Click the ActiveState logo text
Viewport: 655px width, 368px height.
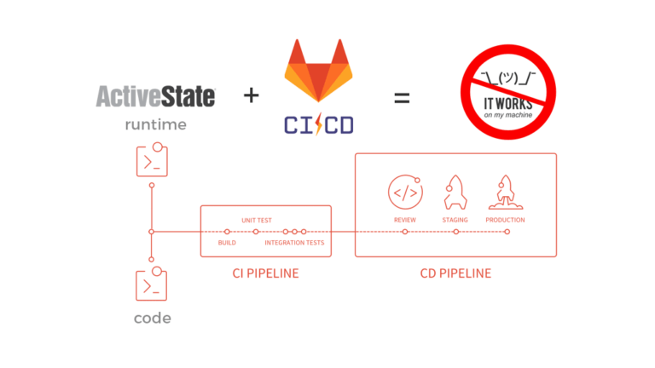tap(155, 95)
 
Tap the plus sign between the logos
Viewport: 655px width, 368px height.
tap(251, 95)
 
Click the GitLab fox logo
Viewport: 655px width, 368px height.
tap(318, 72)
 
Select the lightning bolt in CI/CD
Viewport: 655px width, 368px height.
tap(318, 125)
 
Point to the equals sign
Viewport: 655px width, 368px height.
tap(401, 97)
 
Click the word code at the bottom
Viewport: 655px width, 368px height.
tap(152, 319)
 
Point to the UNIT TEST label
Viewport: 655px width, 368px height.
tap(257, 221)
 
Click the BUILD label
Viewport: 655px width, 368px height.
tap(227, 243)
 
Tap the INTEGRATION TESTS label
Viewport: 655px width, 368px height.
tap(294, 243)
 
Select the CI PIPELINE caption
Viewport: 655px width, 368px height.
tap(265, 273)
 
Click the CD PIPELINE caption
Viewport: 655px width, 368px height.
tap(455, 273)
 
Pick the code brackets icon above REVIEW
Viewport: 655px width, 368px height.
tap(405, 193)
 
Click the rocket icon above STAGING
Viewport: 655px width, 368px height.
tap(455, 193)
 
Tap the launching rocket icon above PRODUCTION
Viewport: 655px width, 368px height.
tap(505, 193)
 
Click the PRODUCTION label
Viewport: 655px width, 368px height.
tap(505, 220)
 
